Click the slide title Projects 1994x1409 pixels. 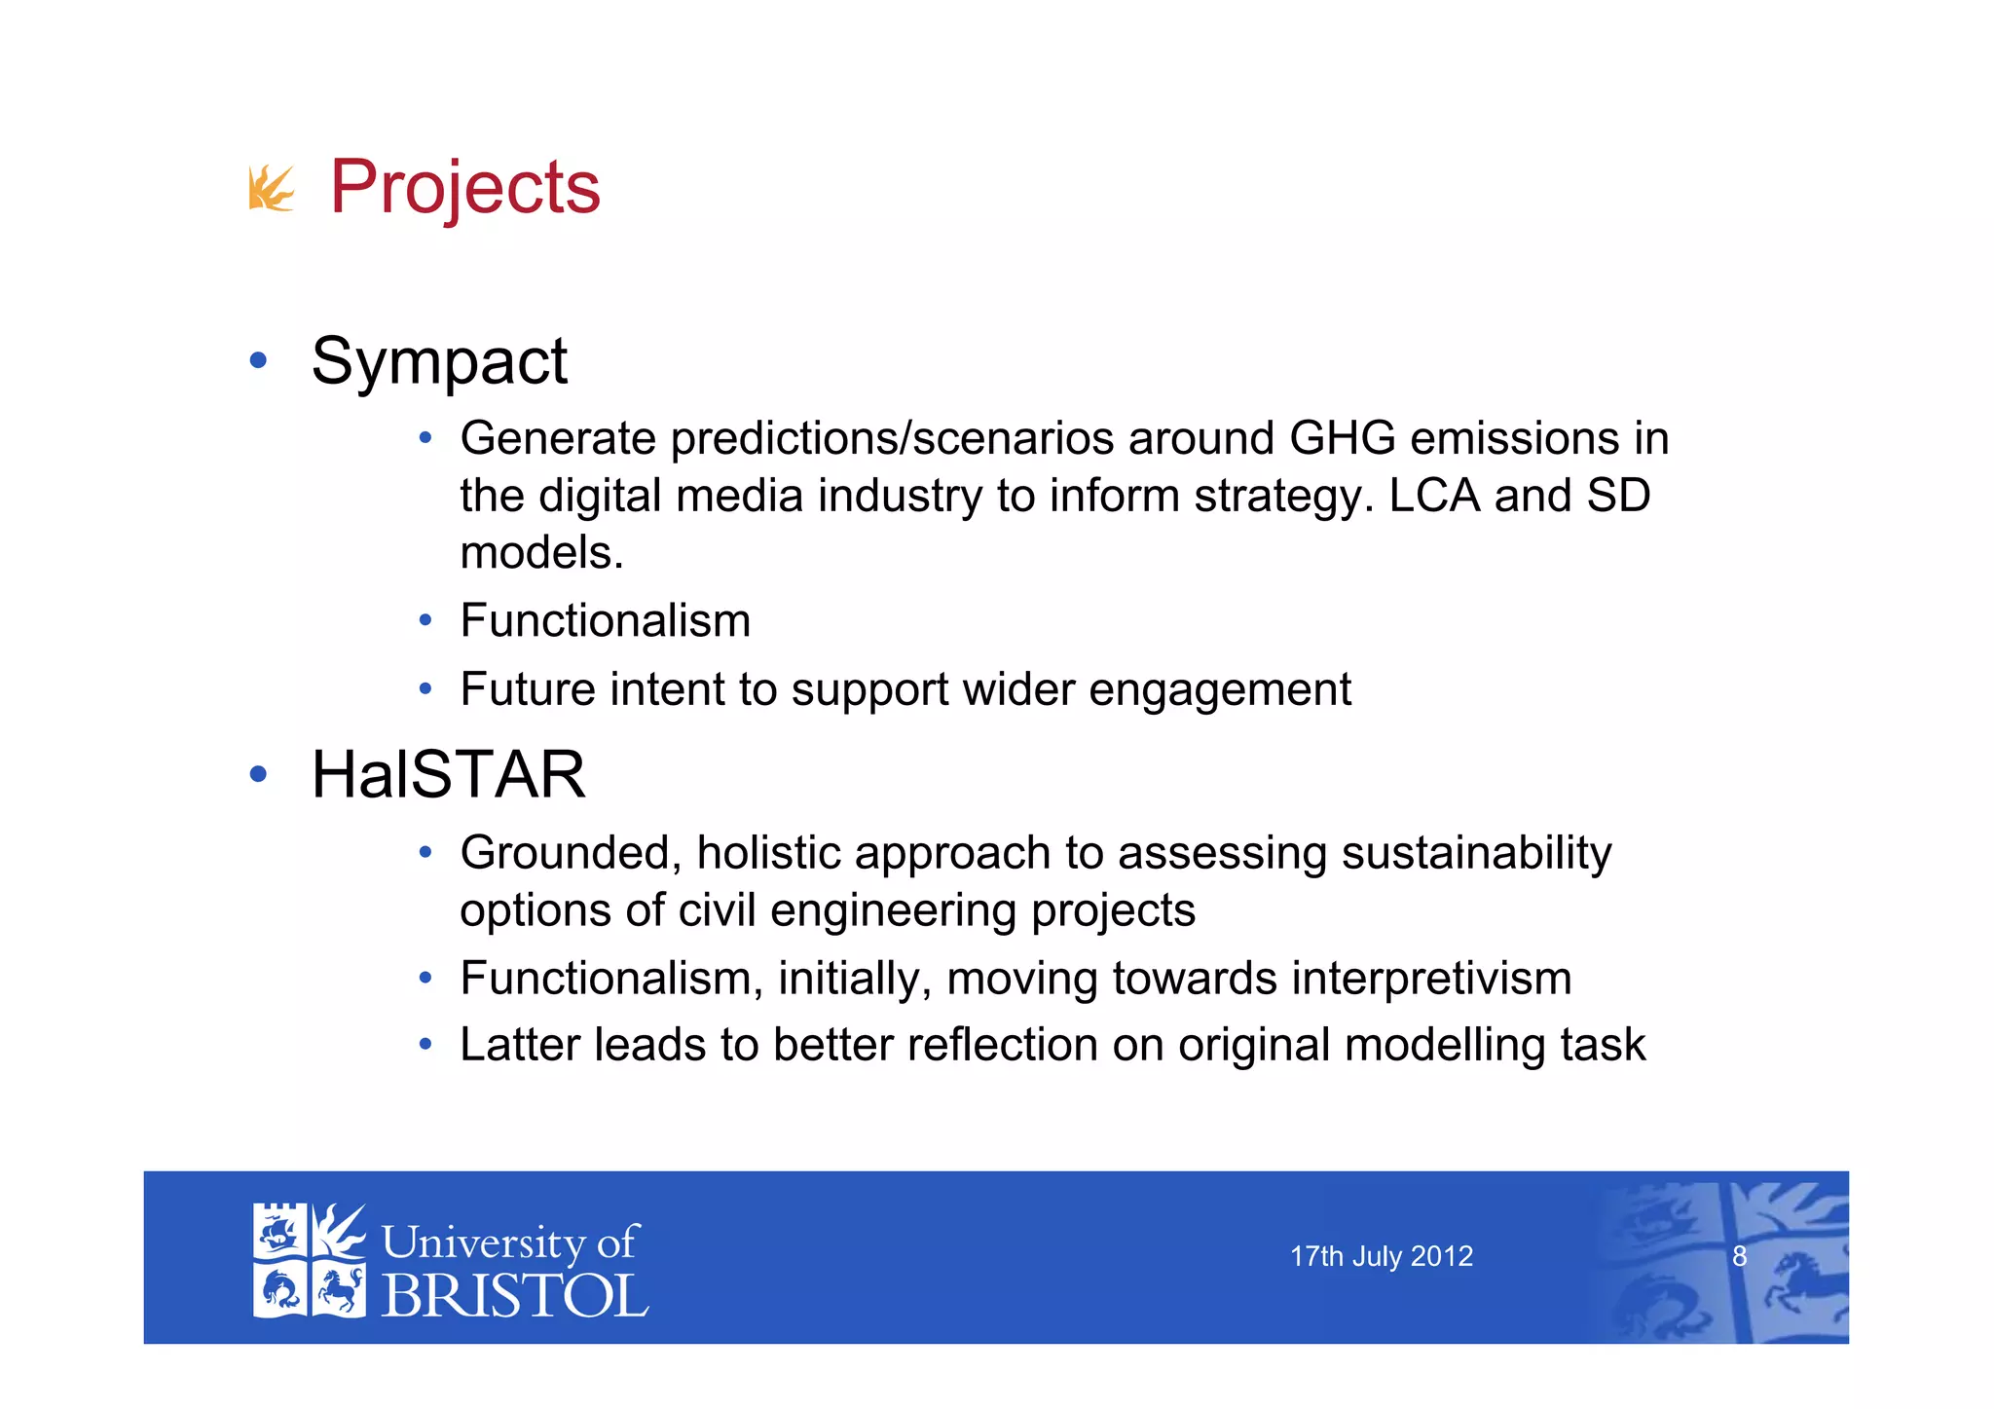(x=464, y=187)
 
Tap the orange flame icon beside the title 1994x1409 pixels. (x=271, y=188)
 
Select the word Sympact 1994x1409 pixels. (x=438, y=362)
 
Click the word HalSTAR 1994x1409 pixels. (x=448, y=775)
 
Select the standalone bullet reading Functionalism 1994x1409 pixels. (x=605, y=621)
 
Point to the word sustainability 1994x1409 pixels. (x=1476, y=854)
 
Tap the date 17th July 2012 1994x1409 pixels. (x=1381, y=1257)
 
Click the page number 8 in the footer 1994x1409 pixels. (x=1739, y=1257)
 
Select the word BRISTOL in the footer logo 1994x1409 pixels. (x=514, y=1297)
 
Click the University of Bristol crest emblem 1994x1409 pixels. (x=309, y=1261)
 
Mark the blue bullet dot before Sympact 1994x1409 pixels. (x=258, y=361)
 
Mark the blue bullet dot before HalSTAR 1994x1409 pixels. (x=258, y=775)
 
